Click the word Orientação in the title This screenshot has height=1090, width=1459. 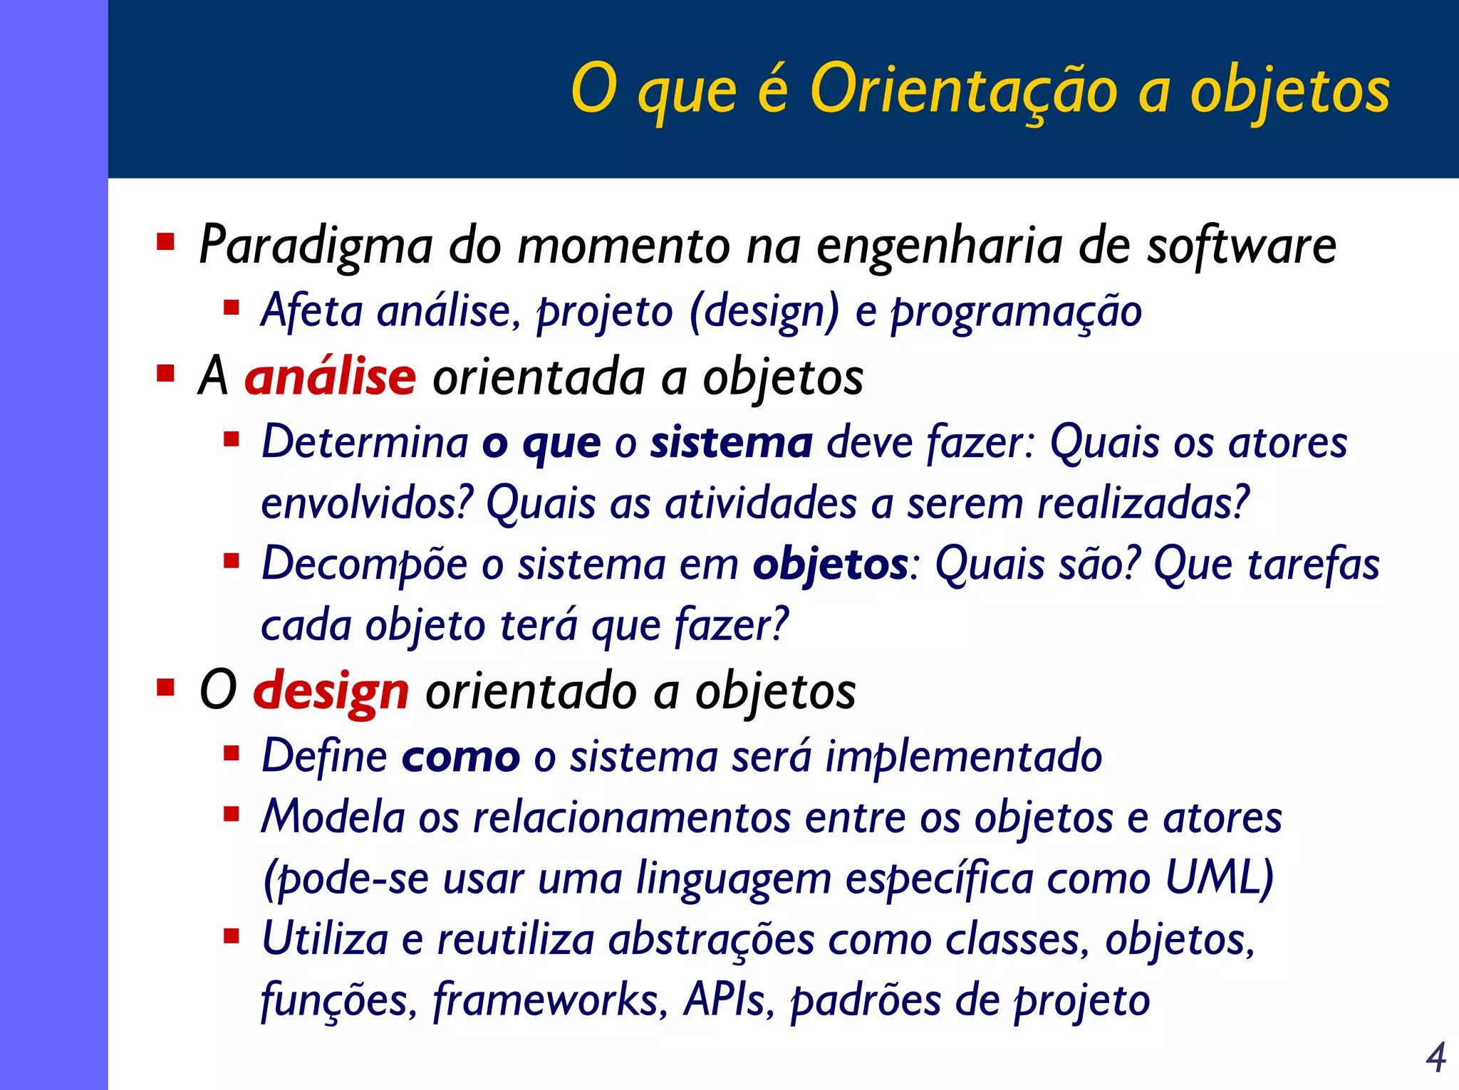tap(963, 90)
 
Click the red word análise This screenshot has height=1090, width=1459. tap(330, 377)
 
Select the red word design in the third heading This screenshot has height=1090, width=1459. tap(331, 691)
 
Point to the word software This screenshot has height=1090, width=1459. tap(1240, 246)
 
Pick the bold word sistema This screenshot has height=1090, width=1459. tap(731, 442)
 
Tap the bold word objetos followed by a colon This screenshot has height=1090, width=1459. tap(830, 565)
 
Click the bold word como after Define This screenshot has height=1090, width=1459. tap(460, 756)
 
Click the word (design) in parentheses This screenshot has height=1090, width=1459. tap(764, 312)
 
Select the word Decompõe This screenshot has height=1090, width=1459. tap(364, 565)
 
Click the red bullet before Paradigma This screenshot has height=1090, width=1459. tap(165, 242)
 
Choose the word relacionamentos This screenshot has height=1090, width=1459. tap(631, 817)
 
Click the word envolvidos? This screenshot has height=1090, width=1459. tap(367, 503)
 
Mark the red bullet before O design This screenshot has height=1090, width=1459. tap(165, 687)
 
